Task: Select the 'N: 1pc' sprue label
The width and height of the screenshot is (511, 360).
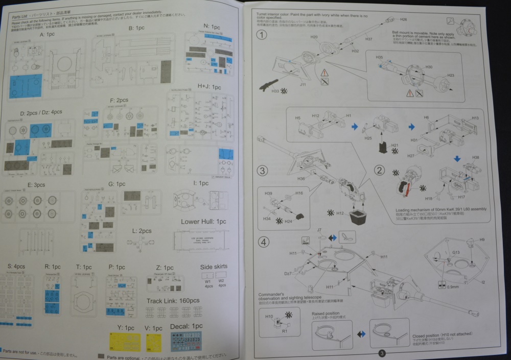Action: [212, 26]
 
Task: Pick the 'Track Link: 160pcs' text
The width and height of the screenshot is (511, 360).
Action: [173, 301]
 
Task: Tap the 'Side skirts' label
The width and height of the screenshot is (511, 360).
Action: [214, 267]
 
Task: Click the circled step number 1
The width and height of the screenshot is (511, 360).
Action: [262, 35]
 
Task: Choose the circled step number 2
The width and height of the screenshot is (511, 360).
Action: [379, 171]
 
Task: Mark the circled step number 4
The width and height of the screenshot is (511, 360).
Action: [262, 241]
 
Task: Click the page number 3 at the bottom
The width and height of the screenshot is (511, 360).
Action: [382, 353]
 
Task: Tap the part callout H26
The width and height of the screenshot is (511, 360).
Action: [403, 19]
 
